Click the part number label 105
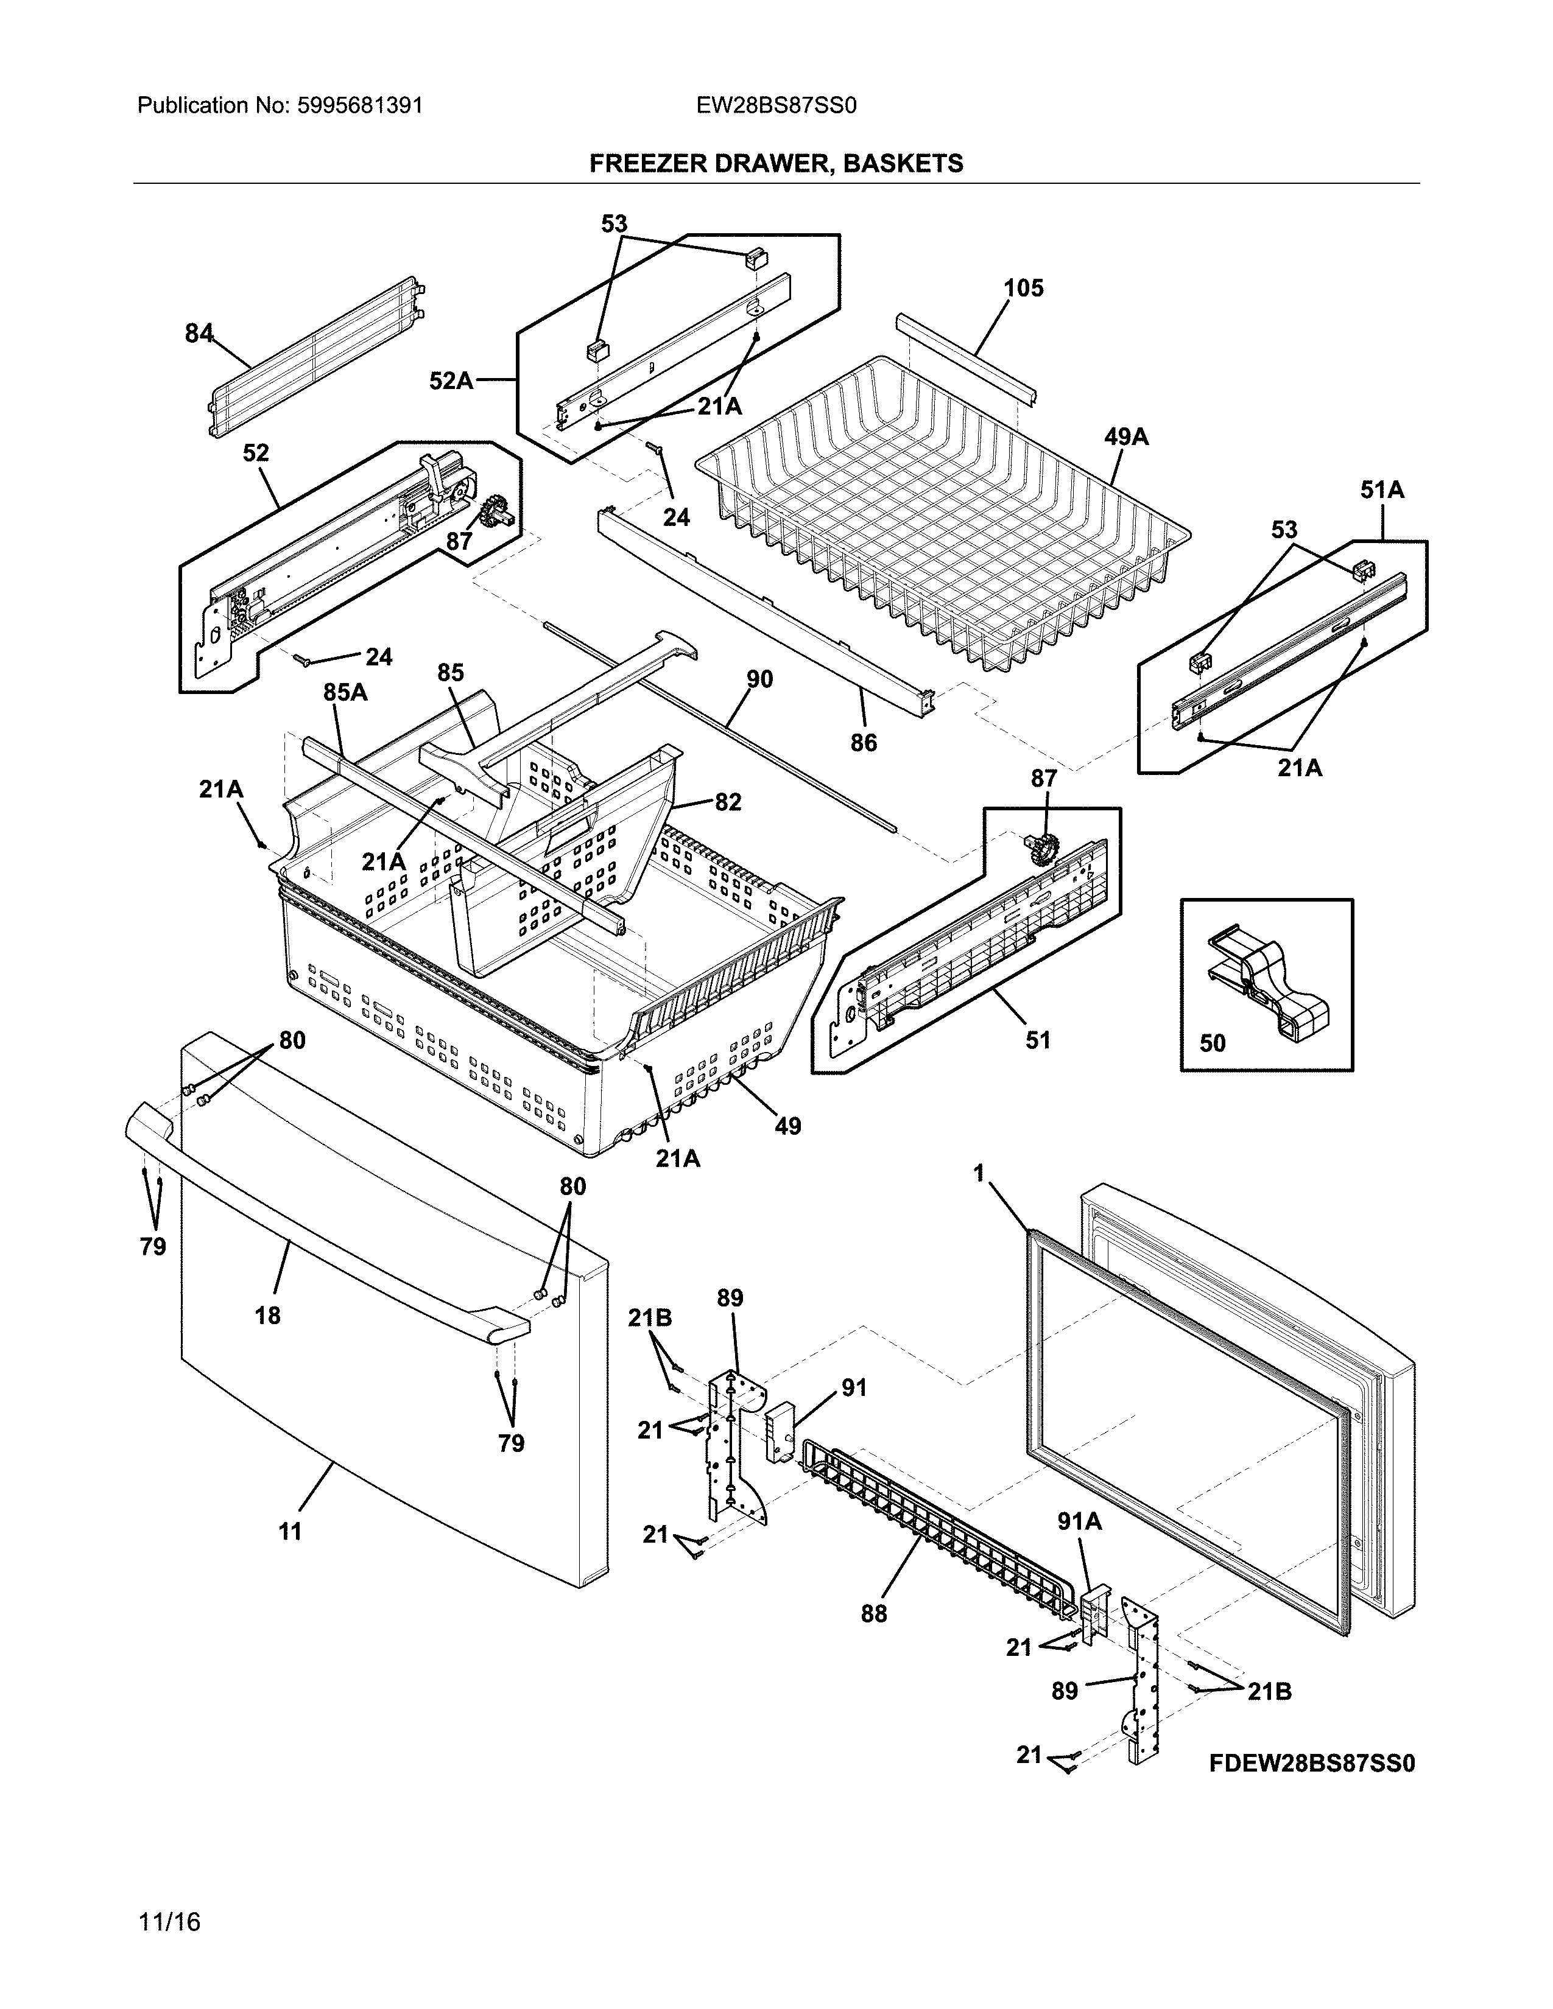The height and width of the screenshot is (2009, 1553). (1023, 289)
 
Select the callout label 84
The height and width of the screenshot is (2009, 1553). (199, 334)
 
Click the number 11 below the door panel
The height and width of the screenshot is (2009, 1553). (290, 1532)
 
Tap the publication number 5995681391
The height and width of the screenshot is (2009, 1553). (360, 106)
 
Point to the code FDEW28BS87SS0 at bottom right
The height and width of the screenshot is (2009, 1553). (1311, 1764)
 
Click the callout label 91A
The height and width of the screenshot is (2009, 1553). (1079, 1523)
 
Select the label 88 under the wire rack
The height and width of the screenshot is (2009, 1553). (873, 1613)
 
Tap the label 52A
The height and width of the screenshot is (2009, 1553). (451, 380)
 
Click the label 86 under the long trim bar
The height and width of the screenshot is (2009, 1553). (863, 742)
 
